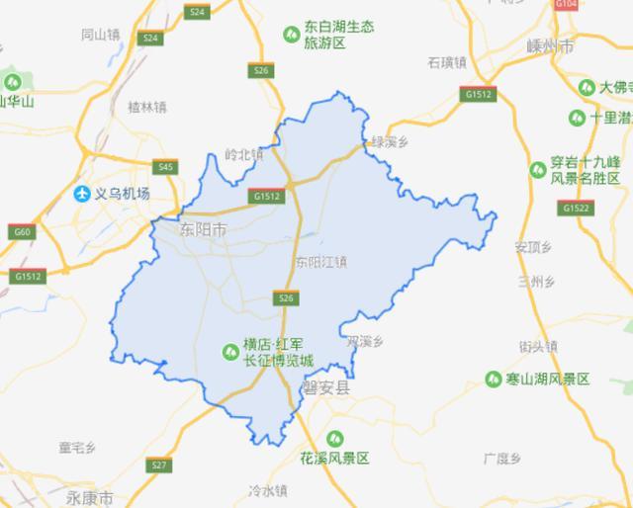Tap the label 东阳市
click(203, 229)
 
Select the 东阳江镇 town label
click(321, 262)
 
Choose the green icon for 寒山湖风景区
click(494, 379)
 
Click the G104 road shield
click(566, 5)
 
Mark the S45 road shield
click(165, 167)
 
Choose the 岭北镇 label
click(244, 153)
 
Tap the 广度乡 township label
click(501, 457)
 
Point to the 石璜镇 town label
click(447, 62)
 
